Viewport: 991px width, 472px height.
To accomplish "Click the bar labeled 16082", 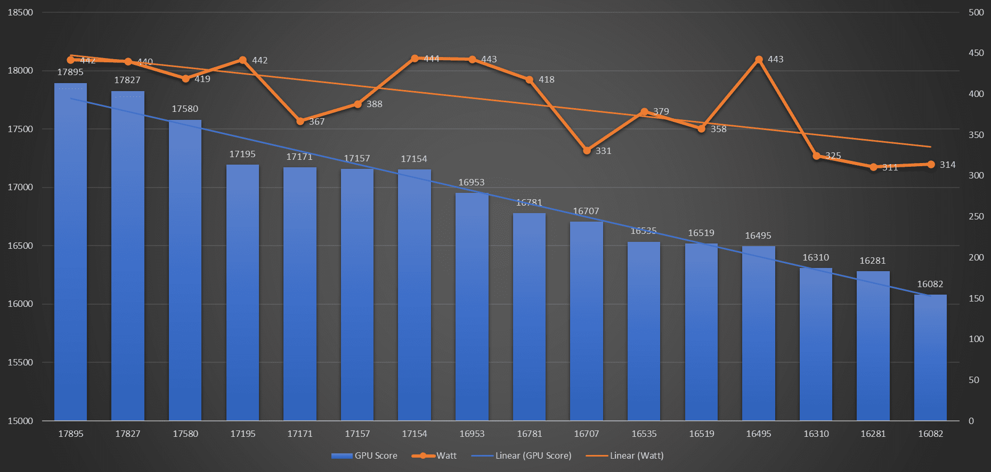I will pyautogui.click(x=930, y=357).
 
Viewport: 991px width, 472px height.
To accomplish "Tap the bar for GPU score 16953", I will pyautogui.click(x=472, y=306).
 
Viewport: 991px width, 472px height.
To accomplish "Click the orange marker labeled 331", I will pyautogui.click(x=587, y=151).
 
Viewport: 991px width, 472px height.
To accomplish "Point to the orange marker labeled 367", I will pyautogui.click(x=300, y=121).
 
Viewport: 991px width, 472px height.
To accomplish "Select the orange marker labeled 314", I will pyautogui.click(x=931, y=165).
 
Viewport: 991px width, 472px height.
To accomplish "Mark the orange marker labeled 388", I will pyautogui.click(x=358, y=104).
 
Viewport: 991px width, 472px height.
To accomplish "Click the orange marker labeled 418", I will pyautogui.click(x=529, y=80).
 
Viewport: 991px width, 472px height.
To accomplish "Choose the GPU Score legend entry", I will pyautogui.click(x=364, y=455).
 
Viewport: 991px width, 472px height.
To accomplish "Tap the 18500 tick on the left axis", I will pyautogui.click(x=20, y=12).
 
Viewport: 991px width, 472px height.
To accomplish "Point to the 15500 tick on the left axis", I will pyautogui.click(x=20, y=362).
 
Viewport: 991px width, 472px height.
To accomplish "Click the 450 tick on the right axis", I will pyautogui.click(x=976, y=53).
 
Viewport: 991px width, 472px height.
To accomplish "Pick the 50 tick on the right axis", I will pyautogui.click(x=974, y=380).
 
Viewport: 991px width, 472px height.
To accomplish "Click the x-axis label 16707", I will pyautogui.click(x=587, y=434).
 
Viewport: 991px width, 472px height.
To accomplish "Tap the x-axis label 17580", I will pyautogui.click(x=185, y=434).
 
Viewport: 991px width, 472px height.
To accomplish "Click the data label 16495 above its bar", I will pyautogui.click(x=758, y=235).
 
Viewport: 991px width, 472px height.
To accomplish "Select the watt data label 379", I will pyautogui.click(x=661, y=111).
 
